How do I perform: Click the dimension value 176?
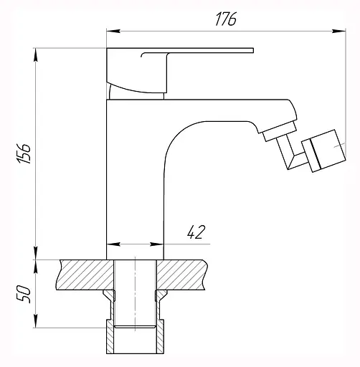[x=226, y=19]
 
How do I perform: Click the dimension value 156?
[x=24, y=153]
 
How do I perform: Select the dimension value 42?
[x=196, y=232]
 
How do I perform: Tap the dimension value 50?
[x=24, y=294]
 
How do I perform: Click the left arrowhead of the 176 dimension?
[x=113, y=31]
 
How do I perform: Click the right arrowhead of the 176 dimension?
[x=338, y=31]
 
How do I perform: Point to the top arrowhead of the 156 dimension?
[x=36, y=54]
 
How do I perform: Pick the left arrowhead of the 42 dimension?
[x=113, y=244]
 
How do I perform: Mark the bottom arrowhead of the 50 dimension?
[x=36, y=321]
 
